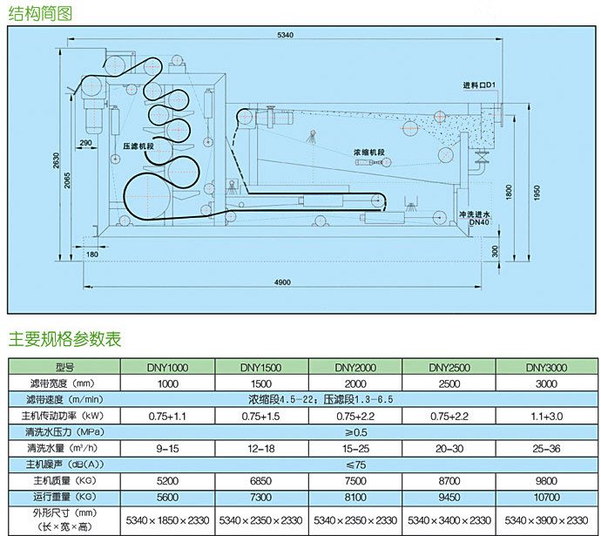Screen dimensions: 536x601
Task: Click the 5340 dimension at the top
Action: tap(284, 35)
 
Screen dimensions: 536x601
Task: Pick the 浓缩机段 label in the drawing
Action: tap(369, 150)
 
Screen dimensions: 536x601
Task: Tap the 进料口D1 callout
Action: tap(478, 85)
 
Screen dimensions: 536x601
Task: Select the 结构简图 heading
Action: tap(40, 13)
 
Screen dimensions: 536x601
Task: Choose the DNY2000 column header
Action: tap(355, 368)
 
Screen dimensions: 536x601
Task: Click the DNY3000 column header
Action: tap(545, 368)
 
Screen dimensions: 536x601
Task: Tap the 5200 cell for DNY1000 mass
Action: tap(167, 479)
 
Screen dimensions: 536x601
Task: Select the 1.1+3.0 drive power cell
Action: tap(545, 415)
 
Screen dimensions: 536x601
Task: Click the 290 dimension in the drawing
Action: tap(85, 142)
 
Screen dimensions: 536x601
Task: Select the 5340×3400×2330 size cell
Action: tap(450, 519)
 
